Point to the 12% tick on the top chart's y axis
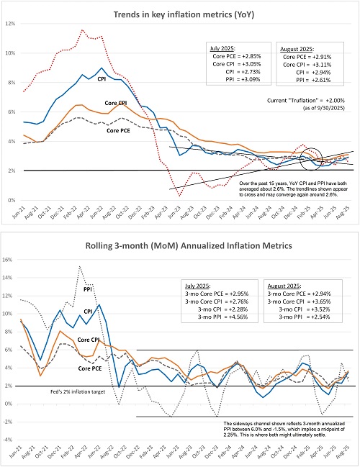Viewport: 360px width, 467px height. pos(10,24)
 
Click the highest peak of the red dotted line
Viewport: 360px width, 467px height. pos(82,30)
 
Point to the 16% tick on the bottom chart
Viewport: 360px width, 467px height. pos(10,258)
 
